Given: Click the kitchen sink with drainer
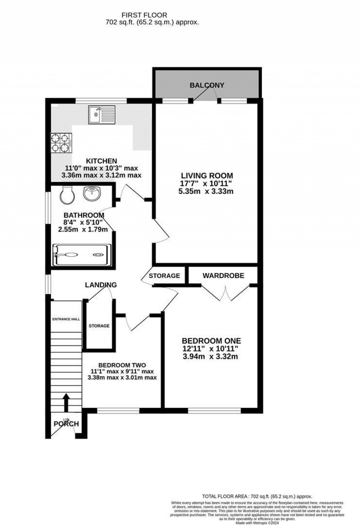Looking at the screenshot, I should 102,115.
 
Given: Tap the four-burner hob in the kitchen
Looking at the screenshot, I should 62,143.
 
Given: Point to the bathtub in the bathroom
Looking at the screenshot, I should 82,255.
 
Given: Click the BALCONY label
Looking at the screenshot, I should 207,85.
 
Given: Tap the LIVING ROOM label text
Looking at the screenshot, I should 207,176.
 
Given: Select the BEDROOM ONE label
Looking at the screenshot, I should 211,341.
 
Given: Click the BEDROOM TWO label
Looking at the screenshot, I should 122,365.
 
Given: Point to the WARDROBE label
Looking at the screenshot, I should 223,276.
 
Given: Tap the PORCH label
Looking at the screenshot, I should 66,424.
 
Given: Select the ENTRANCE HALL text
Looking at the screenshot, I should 66,319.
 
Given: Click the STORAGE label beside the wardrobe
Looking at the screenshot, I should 164,276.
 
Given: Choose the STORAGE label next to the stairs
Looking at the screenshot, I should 99,326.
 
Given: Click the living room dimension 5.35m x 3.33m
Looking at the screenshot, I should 206,192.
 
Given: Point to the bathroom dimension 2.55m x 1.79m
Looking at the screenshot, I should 83,229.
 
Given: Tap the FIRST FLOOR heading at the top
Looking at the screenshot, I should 144,15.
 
